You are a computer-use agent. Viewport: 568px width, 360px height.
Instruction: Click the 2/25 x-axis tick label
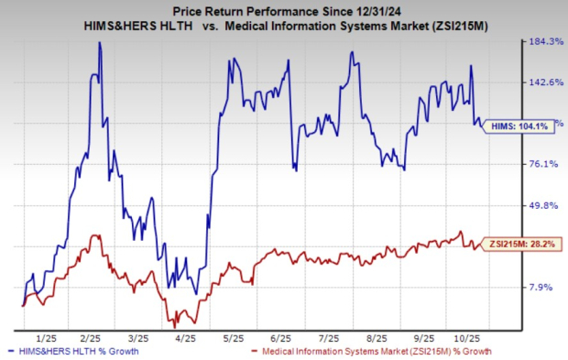(90, 336)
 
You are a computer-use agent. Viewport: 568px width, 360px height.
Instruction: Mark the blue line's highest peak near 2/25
(99, 43)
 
